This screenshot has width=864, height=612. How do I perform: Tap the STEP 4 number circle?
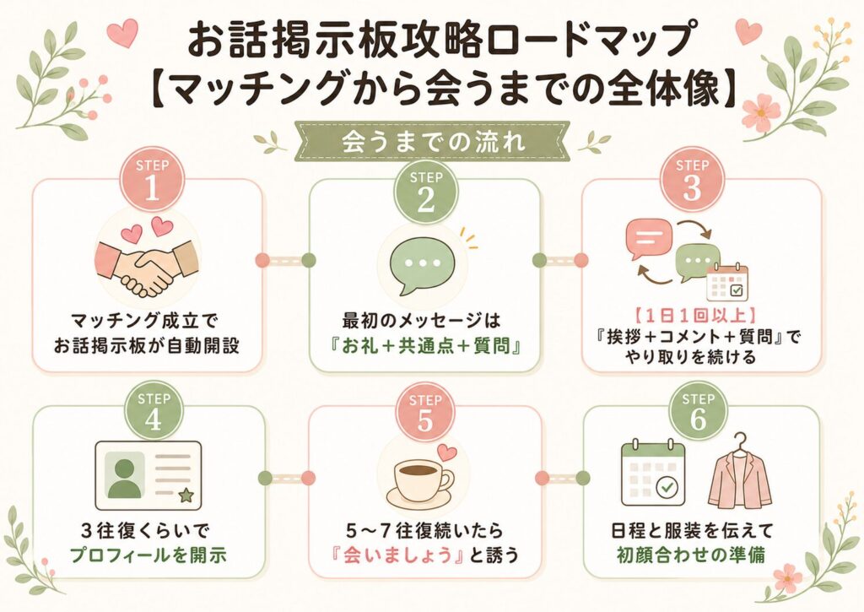pyautogui.click(x=154, y=412)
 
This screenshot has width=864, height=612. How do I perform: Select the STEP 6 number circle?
pyautogui.click(x=698, y=412)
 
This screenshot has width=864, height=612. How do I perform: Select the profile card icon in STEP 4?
pyautogui.click(x=148, y=475)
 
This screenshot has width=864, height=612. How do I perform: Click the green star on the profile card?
pyautogui.click(x=186, y=496)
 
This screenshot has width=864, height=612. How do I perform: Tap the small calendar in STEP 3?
pyautogui.click(x=727, y=282)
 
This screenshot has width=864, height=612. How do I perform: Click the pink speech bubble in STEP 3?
pyautogui.click(x=649, y=239)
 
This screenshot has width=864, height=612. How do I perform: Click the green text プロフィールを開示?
pyautogui.click(x=148, y=555)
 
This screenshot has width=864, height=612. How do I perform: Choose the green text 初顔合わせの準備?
pyautogui.click(x=691, y=555)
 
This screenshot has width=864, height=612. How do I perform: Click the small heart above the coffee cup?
pyautogui.click(x=447, y=452)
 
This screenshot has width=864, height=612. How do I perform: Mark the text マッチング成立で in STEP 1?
pyautogui.click(x=145, y=321)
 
